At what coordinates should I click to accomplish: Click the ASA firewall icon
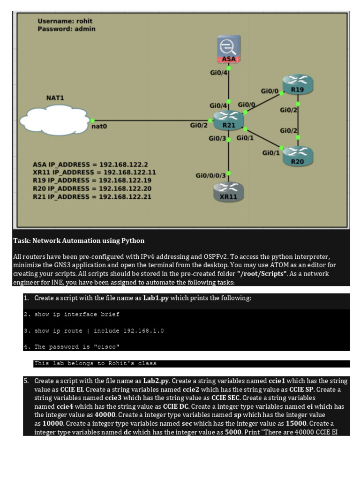pyautogui.click(x=229, y=49)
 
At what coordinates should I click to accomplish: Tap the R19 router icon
pyautogui.click(x=297, y=85)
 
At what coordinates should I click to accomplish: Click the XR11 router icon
pyautogui.click(x=228, y=192)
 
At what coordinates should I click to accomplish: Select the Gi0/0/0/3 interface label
pyautogui.click(x=210, y=175)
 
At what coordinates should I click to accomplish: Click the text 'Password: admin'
pyautogui.click(x=66, y=29)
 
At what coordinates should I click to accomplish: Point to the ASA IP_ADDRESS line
pyautogui.click(x=90, y=165)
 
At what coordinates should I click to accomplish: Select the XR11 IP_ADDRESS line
pyautogui.click(x=94, y=172)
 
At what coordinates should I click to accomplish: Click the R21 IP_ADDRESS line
pyautogui.click(x=92, y=196)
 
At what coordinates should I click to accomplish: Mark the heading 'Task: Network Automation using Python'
pyautogui.click(x=79, y=240)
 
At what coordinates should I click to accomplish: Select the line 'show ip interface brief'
pyautogui.click(x=77, y=315)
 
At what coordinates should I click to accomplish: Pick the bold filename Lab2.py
pyautogui.click(x=157, y=381)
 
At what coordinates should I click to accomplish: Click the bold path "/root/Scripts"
pyautogui.click(x=262, y=274)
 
